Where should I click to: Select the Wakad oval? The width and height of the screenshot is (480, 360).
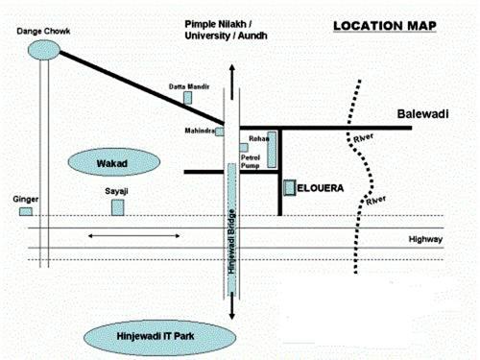point(112,162)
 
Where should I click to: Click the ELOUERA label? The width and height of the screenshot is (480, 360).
point(321,188)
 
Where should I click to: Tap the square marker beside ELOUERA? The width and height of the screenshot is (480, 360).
point(289,187)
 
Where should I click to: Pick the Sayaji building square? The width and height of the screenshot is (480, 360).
point(117,207)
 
